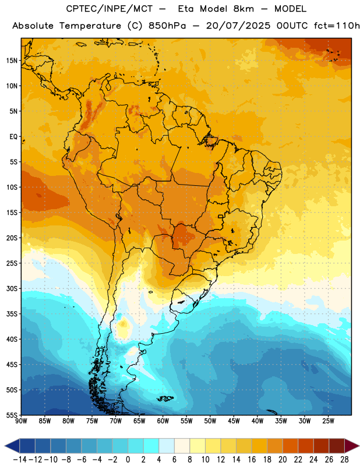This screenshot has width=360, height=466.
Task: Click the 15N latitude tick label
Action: pos(12,61)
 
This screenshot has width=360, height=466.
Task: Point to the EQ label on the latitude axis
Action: pos(13,137)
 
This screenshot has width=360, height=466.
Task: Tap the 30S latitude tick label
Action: pos(12,288)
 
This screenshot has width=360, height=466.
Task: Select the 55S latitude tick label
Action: pos(12,415)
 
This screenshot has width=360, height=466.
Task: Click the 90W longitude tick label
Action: pos(21,421)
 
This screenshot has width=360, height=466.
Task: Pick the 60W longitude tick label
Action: pos(163,421)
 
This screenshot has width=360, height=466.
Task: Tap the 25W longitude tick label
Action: pos(328,421)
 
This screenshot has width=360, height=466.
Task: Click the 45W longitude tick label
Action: pos(234,421)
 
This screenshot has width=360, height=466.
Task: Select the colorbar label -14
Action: pos(20,460)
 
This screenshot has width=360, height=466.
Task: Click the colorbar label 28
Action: pos(344,460)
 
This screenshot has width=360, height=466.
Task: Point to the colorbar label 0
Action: pos(128,460)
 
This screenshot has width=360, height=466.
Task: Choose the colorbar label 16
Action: pos(252,460)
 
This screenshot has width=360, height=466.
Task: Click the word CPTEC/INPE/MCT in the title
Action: pos(109,9)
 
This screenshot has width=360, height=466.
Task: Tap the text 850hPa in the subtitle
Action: pos(167,26)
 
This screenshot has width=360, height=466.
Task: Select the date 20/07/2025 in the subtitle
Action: pos(238,26)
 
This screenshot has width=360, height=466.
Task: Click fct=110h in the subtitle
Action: pos(337,26)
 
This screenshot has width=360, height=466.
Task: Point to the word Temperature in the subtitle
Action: pos(90,26)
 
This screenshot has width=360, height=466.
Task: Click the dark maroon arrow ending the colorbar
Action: pos(352,446)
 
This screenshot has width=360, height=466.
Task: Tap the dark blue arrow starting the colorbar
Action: pos(12,446)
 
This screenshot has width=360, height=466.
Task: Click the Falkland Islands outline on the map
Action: pos(165,398)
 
